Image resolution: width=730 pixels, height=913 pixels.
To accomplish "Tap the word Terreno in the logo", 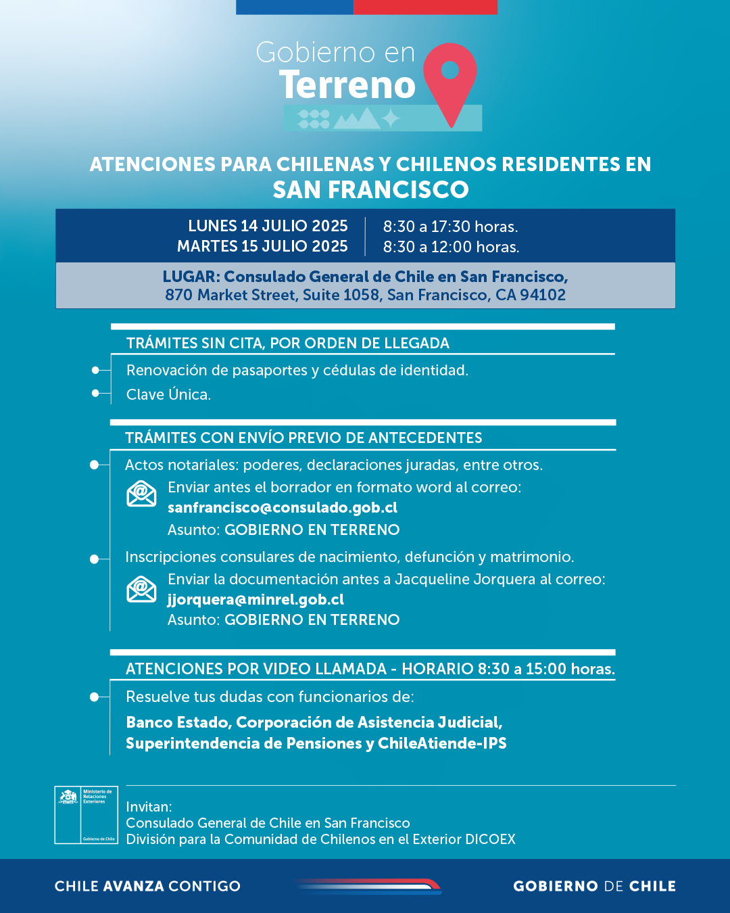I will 347,85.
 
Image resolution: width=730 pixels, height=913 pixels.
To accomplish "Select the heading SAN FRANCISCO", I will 370,190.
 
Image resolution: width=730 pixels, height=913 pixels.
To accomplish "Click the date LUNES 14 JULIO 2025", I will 268,226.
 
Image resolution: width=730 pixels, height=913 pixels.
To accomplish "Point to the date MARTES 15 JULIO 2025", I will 262,246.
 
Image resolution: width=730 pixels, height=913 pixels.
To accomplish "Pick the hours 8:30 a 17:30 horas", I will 450,227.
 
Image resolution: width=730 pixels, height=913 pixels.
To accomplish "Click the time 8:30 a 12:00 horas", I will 451,247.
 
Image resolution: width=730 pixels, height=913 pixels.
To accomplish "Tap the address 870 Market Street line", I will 365,295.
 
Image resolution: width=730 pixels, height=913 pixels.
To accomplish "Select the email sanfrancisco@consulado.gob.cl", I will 282,508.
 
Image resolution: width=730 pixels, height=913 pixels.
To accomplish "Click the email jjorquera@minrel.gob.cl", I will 255,600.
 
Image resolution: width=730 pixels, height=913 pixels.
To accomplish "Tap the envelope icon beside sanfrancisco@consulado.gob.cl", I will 141,494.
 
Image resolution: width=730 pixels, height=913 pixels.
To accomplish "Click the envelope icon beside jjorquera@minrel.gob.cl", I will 141,589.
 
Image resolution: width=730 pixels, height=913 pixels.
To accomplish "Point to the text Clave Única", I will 168,394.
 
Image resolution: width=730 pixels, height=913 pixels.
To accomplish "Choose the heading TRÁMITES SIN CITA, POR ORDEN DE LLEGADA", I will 287,343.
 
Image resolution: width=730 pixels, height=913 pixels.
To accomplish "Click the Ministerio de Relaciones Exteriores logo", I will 87,815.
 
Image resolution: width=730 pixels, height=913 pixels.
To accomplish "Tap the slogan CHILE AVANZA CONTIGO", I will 147,886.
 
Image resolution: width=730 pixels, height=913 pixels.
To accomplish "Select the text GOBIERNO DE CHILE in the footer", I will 594,886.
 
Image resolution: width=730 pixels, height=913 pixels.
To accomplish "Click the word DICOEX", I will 490,839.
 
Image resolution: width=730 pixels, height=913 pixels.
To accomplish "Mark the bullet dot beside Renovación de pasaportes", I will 96,370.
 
